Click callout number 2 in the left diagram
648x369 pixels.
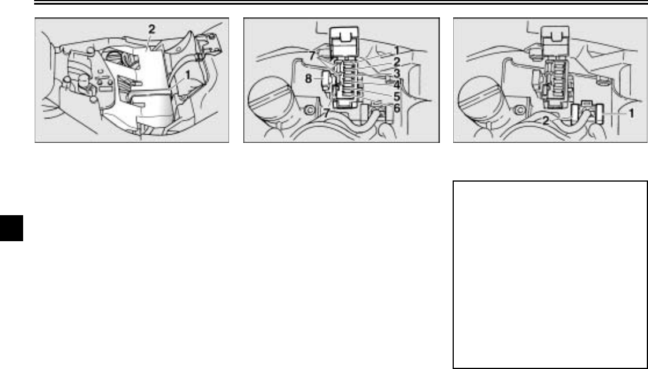coord(151,29)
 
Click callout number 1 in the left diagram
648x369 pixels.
coord(188,75)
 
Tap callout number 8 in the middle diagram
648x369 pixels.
coord(308,79)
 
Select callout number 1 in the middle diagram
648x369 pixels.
coord(397,50)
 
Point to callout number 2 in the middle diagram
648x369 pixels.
coord(397,62)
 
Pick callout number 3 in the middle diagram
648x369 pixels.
coord(397,73)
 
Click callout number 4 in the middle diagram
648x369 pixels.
coord(397,86)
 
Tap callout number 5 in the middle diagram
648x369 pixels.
coord(397,97)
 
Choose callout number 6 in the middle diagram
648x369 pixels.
coord(397,108)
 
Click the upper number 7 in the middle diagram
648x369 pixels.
coord(313,55)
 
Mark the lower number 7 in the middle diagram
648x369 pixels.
coord(326,113)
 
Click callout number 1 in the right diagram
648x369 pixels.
coord(631,113)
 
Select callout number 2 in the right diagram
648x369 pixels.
coord(546,121)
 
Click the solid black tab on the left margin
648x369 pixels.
coord(11,228)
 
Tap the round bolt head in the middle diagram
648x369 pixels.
coord(309,110)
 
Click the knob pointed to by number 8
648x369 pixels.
coord(328,79)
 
